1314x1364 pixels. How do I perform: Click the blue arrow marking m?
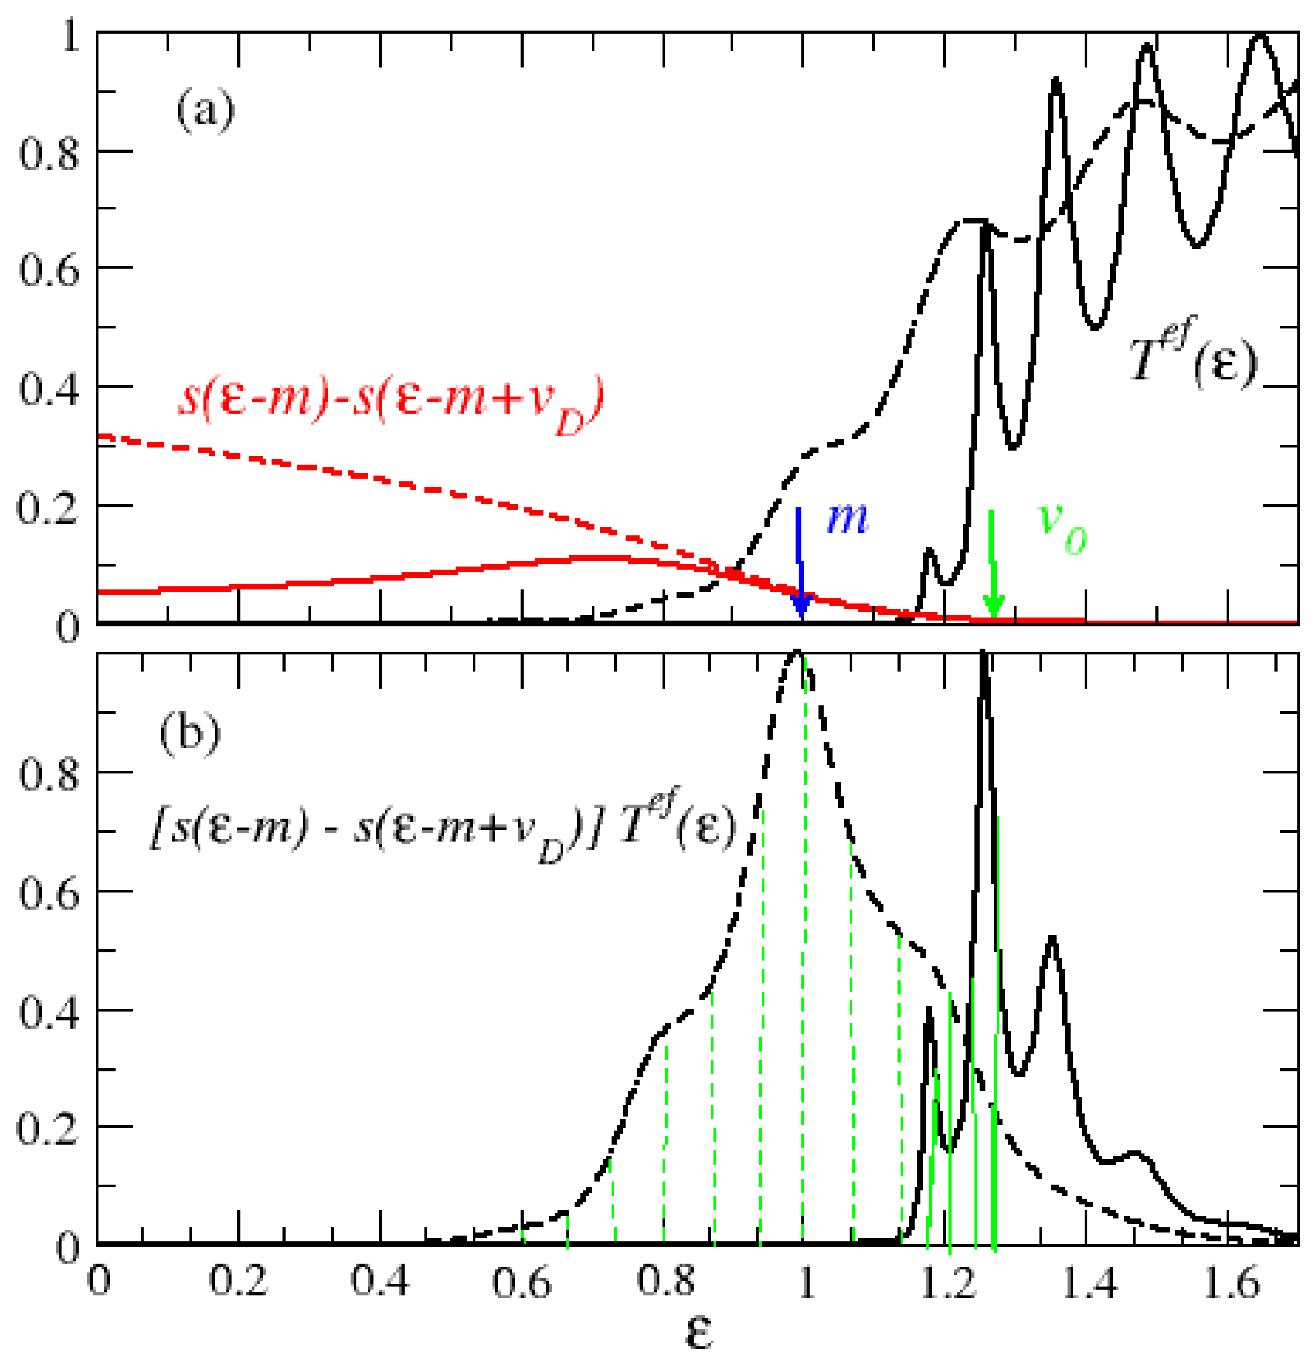801,564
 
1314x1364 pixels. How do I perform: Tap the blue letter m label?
847,518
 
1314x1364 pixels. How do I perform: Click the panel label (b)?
189,734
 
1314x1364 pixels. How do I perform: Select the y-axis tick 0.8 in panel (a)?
49,152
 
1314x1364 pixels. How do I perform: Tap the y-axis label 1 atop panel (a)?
70,35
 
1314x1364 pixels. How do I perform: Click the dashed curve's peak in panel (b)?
798,653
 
